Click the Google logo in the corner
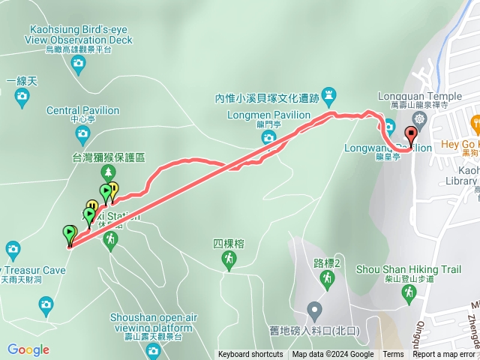click(28, 349)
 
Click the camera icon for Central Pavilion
click(82, 136)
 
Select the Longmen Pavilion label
click(268, 115)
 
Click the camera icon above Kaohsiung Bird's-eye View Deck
click(78, 66)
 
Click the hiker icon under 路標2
click(327, 278)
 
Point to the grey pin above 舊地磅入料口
click(314, 309)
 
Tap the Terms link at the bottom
click(393, 355)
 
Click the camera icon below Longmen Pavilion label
click(268, 137)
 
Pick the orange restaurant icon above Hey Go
click(475, 122)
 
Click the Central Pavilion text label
click(82, 110)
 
